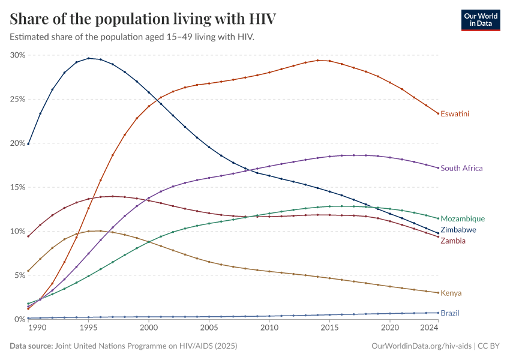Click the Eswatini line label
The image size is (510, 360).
pyautogui.click(x=455, y=113)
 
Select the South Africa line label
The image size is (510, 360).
pyautogui.click(x=461, y=168)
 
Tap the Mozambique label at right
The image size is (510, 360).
pyautogui.click(x=462, y=219)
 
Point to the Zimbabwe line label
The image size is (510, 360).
pyautogui.click(x=458, y=230)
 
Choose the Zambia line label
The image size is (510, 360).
pyautogui.click(x=453, y=241)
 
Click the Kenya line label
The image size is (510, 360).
pyautogui.click(x=451, y=293)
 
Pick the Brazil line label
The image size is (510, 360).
pyautogui.click(x=451, y=313)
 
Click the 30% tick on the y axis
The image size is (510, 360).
pyautogui.click(x=17, y=55)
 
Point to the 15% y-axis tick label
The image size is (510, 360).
pyautogui.click(x=17, y=187)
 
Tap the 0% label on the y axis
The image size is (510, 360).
pyautogui.click(x=20, y=319)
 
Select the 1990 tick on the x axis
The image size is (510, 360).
pyautogui.click(x=37, y=328)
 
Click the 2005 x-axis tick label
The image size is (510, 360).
pyautogui.click(x=209, y=328)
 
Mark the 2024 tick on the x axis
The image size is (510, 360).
pyautogui.click(x=428, y=328)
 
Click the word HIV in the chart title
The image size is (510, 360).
pyautogui.click(x=262, y=19)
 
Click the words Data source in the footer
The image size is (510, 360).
pyautogui.click(x=31, y=346)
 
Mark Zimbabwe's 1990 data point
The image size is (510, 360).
pyautogui.click(x=28, y=144)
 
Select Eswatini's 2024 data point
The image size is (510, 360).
pyautogui.click(x=438, y=113)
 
